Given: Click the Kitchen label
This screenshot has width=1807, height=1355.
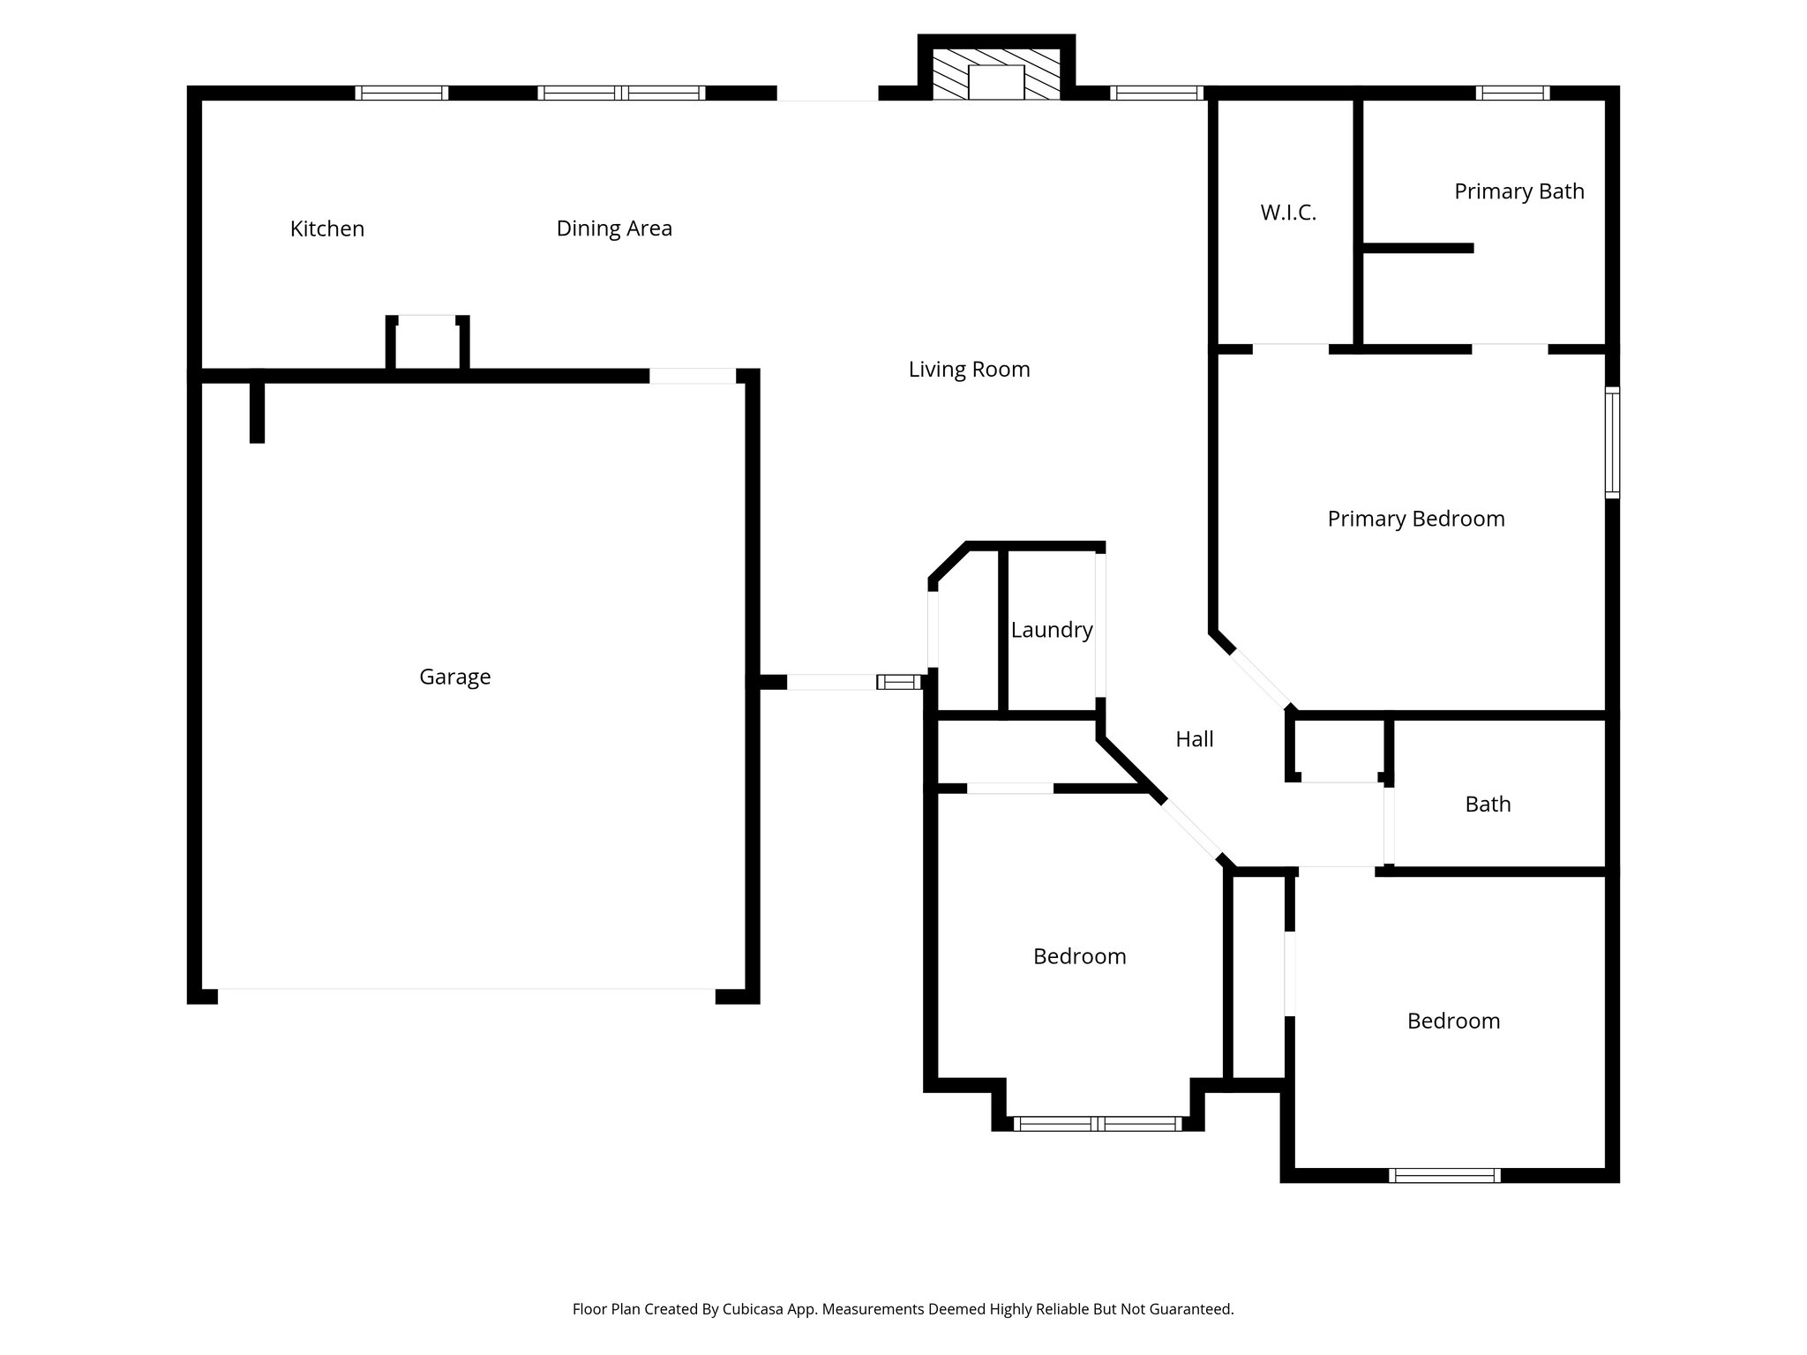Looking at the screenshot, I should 326,228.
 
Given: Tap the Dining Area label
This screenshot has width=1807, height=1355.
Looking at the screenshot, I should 614,228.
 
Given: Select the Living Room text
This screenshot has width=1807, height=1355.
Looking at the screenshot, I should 969,370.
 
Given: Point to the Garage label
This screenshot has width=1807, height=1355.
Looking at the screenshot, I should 454,677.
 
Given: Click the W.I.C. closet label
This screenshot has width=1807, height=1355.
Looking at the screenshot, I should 1288,213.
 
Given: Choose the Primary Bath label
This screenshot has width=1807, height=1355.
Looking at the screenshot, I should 1518,191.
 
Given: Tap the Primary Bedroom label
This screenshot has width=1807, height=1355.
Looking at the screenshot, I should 1415,519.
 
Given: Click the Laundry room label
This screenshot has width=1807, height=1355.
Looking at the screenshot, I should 1051,630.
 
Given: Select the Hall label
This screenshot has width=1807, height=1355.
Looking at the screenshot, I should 1194,739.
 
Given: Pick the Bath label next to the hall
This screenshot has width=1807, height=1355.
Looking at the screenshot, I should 1488,805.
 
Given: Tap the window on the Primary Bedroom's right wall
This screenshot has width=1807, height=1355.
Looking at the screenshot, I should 1611,443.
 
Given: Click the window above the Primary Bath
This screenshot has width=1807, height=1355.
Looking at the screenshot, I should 1512,93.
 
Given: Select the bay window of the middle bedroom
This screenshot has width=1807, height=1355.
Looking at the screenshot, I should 1097,1124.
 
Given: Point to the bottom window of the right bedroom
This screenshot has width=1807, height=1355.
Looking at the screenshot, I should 1443,1175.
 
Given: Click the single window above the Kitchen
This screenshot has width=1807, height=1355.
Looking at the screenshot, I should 401,93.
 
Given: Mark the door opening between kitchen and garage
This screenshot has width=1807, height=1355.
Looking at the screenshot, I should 693,376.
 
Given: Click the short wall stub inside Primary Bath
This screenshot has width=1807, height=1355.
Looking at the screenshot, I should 1417,249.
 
